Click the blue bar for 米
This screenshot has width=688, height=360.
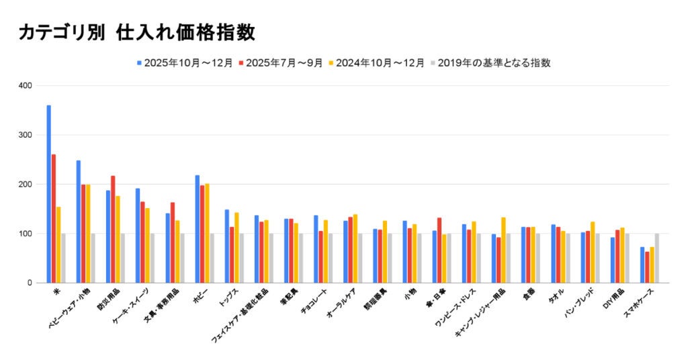pos(48,194)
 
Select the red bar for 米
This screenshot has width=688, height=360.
pos(54,218)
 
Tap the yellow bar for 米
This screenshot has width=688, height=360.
pos(58,244)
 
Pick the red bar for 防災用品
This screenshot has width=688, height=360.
pos(113,229)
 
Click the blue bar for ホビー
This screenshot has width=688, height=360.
pos(197,229)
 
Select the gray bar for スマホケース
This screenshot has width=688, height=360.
pos(656,258)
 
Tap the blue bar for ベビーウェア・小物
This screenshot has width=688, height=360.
pos(78,222)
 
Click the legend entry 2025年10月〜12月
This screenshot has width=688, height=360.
pos(184,62)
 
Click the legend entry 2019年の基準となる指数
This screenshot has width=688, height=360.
pos(494,62)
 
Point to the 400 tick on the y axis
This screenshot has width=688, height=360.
pos(26,86)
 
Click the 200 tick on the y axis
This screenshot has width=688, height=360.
pos(26,184)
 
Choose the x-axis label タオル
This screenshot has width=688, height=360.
pos(555,296)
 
